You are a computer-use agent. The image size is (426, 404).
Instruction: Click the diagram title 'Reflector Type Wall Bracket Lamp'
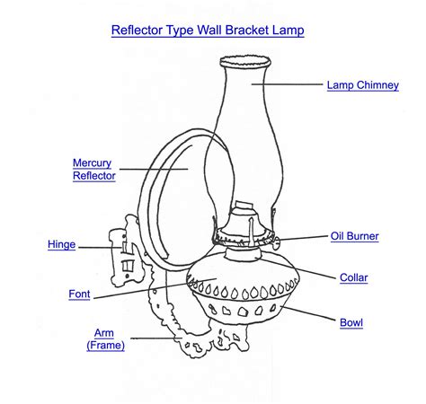click(208, 31)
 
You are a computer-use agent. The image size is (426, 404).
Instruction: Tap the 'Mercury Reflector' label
click(94, 170)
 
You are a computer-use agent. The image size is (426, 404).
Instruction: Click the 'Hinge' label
click(61, 244)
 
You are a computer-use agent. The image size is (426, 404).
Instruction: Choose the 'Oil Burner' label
click(354, 236)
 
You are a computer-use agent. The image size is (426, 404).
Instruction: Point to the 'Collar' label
click(353, 277)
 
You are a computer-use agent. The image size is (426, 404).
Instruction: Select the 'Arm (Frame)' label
click(104, 338)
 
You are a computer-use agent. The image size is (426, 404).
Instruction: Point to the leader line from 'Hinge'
click(90, 244)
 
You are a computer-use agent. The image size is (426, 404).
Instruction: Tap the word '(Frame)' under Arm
click(105, 344)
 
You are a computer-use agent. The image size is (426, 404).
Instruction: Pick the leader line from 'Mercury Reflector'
click(153, 169)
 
